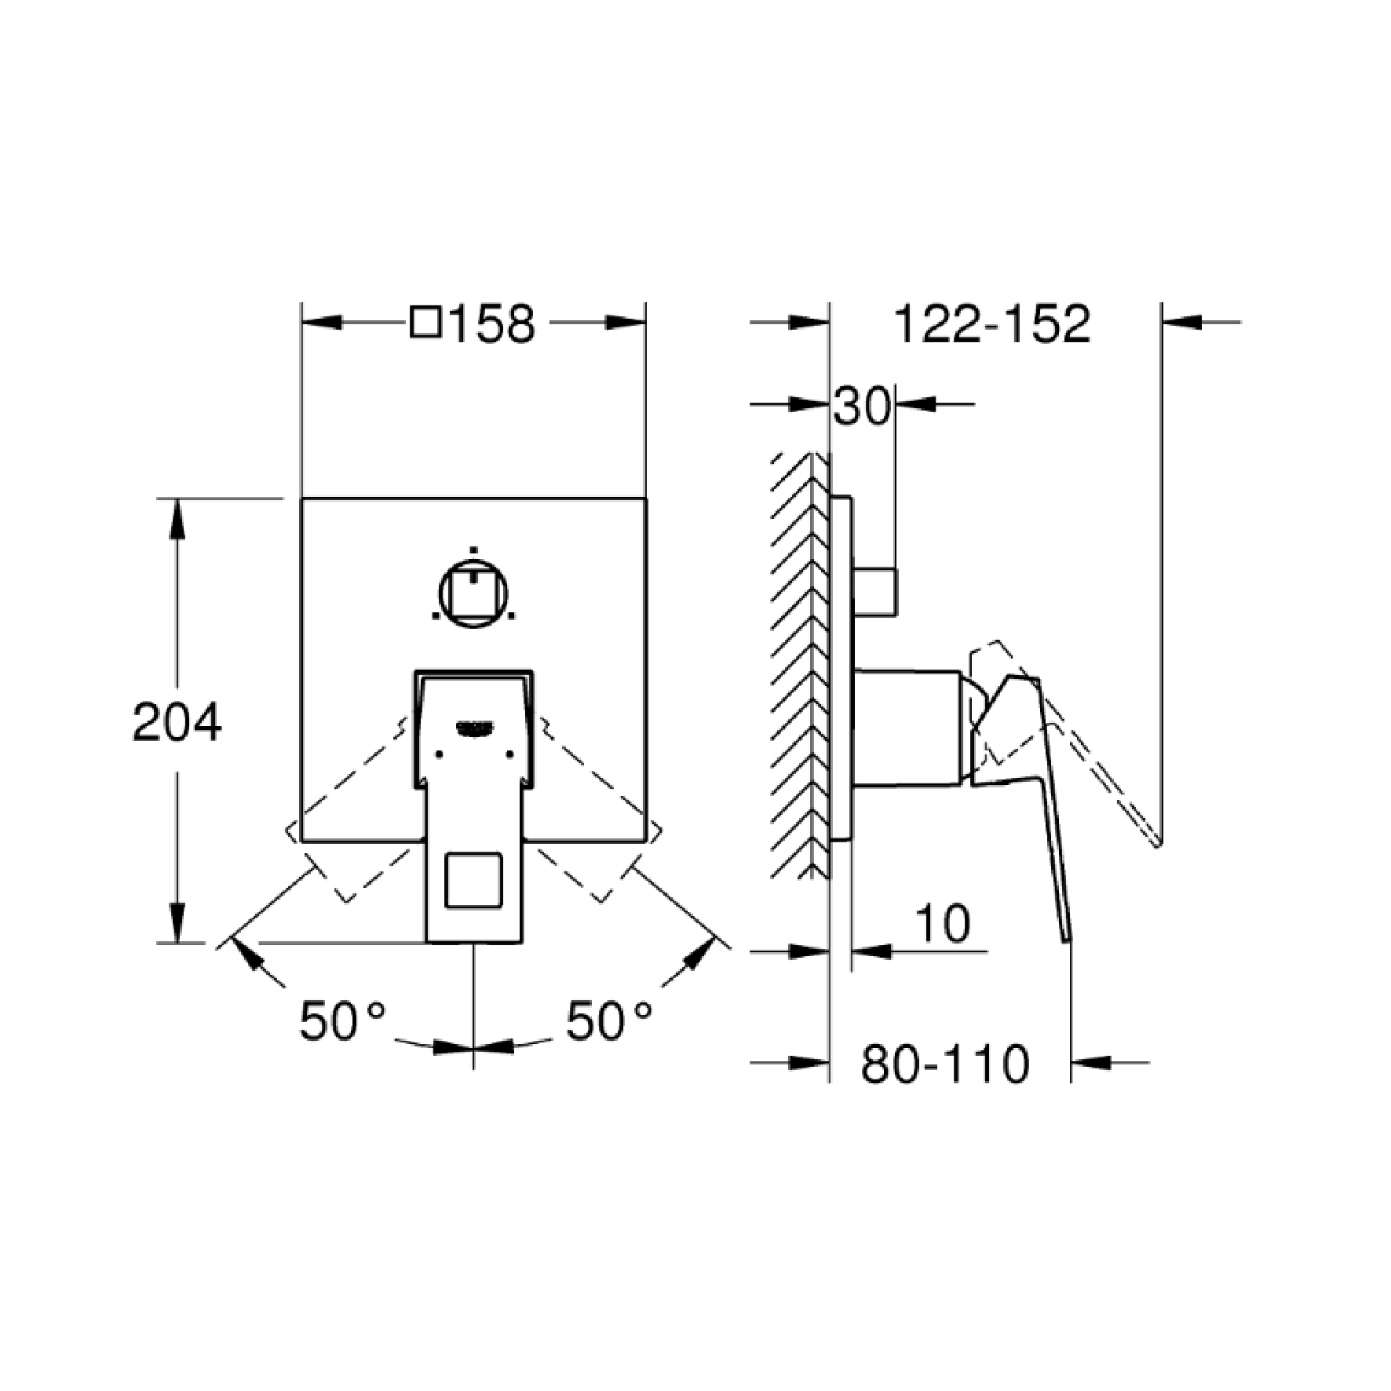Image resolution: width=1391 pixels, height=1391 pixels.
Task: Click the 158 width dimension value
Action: click(x=492, y=323)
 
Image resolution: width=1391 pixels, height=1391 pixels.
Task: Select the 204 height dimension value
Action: click(x=177, y=722)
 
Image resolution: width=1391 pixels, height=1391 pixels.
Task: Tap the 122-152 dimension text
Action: click(x=992, y=323)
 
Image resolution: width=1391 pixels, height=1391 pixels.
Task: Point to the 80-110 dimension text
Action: click(x=944, y=1064)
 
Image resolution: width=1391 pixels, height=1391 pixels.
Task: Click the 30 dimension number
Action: click(x=862, y=407)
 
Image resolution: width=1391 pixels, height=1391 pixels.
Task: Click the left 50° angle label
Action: click(x=342, y=1021)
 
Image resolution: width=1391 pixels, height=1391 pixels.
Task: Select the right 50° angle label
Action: click(x=608, y=1021)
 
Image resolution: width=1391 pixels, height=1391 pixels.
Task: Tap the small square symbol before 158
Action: click(x=425, y=323)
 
